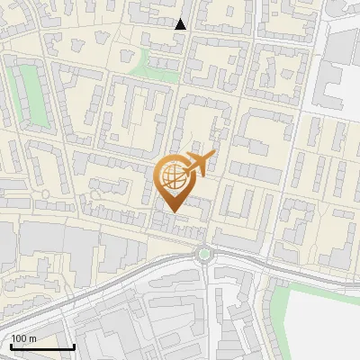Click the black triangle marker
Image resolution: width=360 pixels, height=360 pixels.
[181, 24]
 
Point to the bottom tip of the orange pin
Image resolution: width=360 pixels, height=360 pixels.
[172, 212]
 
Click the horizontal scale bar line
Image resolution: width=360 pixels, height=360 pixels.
[42, 346]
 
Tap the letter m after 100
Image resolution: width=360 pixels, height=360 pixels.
[32, 338]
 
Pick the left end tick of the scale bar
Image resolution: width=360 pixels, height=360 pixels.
[11, 345]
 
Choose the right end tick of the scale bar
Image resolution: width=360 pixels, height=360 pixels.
[74, 345]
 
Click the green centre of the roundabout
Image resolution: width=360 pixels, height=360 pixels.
[205, 254]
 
